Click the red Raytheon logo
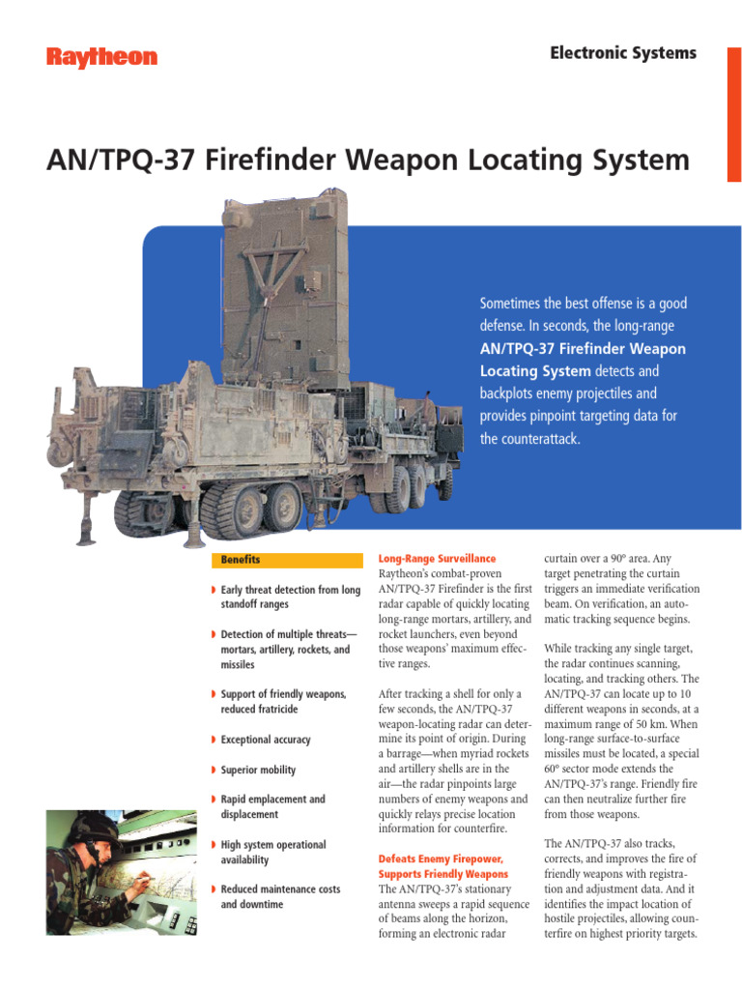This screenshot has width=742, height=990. pyautogui.click(x=101, y=58)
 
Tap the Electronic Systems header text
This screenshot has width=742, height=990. pyautogui.click(x=623, y=53)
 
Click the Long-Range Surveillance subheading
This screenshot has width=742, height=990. pyautogui.click(x=437, y=559)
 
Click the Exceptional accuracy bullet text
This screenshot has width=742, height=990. pyautogui.click(x=266, y=740)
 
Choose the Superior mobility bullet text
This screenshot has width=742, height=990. pyautogui.click(x=258, y=771)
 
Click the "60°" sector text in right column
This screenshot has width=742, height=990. pyautogui.click(x=555, y=769)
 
